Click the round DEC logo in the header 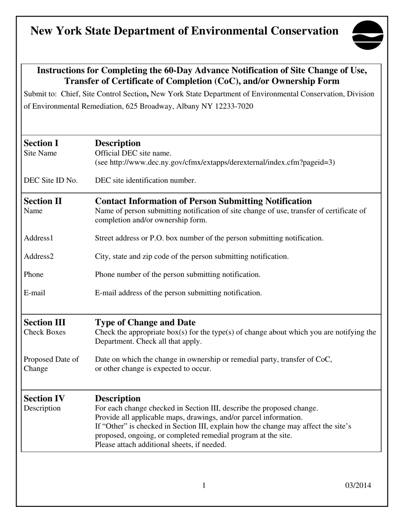pyautogui.click(x=368, y=35)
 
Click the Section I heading pyautogui.click(x=41, y=143)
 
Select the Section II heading pyautogui.click(x=43, y=201)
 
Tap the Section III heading pyautogui.click(x=45, y=322)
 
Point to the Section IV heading pyautogui.click(x=44, y=398)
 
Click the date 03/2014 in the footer pyautogui.click(x=358, y=485)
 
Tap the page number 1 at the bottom pyautogui.click(x=204, y=485)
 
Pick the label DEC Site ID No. pyautogui.click(x=51, y=181)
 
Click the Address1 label pyautogui.click(x=39, y=238)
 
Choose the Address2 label pyautogui.click(x=39, y=256)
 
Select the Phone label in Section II pyautogui.click(x=34, y=275)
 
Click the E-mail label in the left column pyautogui.click(x=34, y=293)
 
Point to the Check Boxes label pyautogui.click(x=45, y=332)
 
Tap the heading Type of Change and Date pyautogui.click(x=145, y=322)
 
